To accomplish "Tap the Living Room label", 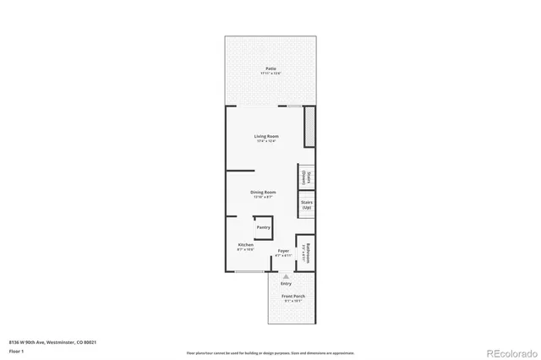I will pos(267,136).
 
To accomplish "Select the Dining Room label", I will pos(263,192).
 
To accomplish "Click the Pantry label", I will pos(263,227).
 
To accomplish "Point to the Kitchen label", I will pos(245,245).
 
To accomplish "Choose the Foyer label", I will pos(284,251).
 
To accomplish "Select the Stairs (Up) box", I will pos(306,205).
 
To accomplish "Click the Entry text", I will pos(286,283).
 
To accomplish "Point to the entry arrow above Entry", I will pos(286,276).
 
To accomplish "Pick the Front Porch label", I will pos(293,297).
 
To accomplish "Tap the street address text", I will pos(52,342).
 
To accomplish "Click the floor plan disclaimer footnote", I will pos(270,352).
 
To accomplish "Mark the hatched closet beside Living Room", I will pos(309,128).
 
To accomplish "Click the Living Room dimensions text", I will pos(267,141).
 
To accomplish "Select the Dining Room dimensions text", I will pos(263,197).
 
